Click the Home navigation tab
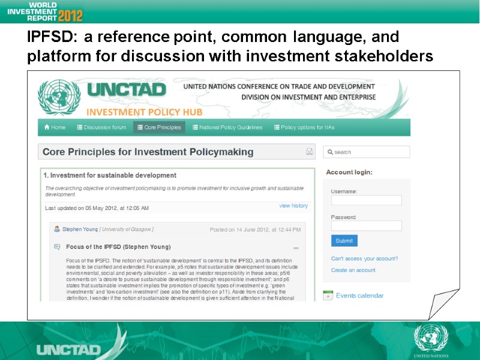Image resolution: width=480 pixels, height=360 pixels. [x=55, y=127]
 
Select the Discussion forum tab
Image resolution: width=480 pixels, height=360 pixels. [x=101, y=127]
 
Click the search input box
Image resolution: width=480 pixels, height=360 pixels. [x=367, y=152]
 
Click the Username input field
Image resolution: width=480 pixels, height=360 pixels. [x=366, y=200]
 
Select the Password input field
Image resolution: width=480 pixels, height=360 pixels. [x=366, y=226]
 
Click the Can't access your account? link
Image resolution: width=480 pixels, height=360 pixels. [x=364, y=259]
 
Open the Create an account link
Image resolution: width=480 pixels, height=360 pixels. [x=353, y=270]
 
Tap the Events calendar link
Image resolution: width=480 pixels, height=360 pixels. [x=359, y=295]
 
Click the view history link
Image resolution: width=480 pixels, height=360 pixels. [x=293, y=206]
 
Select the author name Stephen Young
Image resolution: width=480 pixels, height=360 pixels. [x=80, y=229]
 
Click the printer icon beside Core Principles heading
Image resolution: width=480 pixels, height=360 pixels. [x=310, y=152]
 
